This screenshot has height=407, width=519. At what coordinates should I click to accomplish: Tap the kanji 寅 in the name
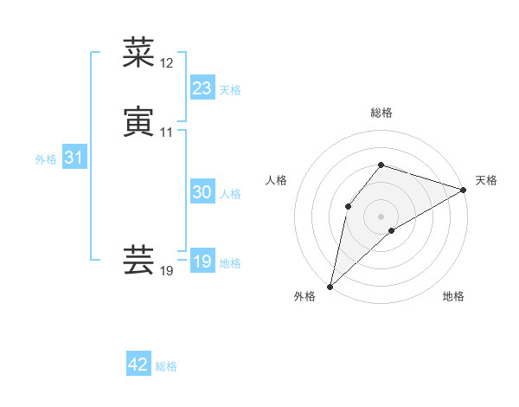(x=138, y=122)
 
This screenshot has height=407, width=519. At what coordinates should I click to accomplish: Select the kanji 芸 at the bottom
(x=138, y=260)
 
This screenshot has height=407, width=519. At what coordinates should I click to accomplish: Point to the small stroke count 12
(x=167, y=63)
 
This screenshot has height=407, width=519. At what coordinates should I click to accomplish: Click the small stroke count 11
(x=167, y=132)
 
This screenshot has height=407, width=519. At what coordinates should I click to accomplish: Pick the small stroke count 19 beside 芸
(x=167, y=271)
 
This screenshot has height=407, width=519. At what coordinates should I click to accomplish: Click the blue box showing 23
(x=202, y=88)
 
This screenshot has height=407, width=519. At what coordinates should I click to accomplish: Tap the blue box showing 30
(x=202, y=193)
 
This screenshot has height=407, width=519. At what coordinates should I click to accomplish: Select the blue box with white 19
(x=202, y=262)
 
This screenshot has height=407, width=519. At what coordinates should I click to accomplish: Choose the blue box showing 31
(x=74, y=158)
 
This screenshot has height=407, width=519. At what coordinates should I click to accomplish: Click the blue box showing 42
(x=138, y=365)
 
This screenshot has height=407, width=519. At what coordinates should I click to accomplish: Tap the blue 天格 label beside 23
(x=230, y=90)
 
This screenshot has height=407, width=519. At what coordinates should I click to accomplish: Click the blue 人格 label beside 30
(x=230, y=194)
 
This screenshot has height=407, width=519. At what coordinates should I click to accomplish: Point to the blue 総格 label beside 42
(x=167, y=366)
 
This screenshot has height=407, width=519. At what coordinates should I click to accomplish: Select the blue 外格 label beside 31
(x=46, y=159)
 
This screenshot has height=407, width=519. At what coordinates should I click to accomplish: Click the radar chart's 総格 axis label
(x=381, y=113)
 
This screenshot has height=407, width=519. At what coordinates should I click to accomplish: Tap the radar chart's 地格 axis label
(x=453, y=296)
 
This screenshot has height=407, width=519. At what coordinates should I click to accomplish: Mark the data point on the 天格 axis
(x=463, y=190)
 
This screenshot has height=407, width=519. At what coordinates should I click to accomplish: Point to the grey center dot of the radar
(x=381, y=216)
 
